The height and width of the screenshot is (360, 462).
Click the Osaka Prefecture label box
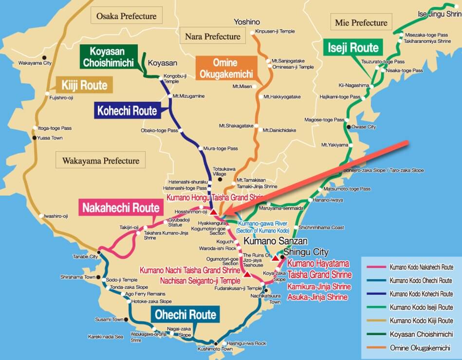tap(126, 16)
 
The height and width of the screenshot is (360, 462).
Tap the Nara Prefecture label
tap(212, 36)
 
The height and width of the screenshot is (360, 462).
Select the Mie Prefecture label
tap(361, 22)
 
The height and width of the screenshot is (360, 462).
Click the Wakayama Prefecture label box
tap(100, 160)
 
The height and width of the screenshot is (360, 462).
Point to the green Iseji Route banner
tap(353, 48)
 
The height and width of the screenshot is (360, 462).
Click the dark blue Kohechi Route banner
tap(127, 110)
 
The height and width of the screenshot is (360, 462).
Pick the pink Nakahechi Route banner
tap(121, 208)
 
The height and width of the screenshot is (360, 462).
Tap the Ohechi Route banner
tap(185, 314)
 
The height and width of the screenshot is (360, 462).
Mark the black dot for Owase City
tap(349, 127)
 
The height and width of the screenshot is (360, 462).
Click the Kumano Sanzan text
tap(276, 241)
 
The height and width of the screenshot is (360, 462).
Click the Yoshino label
tap(247, 22)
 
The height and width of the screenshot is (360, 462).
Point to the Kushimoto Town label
tap(214, 349)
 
